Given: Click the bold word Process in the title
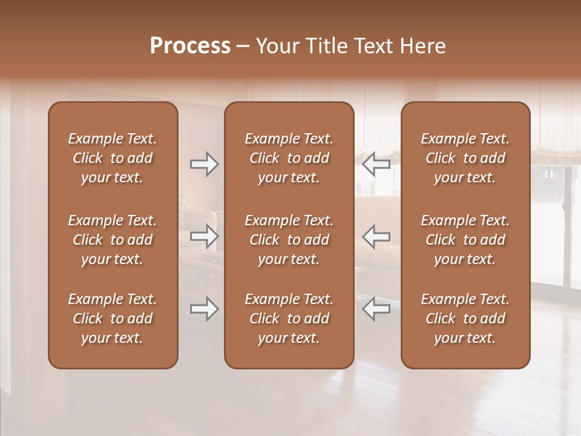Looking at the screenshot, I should [190, 46].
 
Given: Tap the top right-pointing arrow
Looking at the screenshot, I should [204, 164].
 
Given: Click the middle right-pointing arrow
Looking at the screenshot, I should [204, 236].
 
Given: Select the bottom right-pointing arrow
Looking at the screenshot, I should [204, 309].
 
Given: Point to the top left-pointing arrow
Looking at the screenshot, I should [376, 164].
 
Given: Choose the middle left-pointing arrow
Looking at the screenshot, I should [376, 236].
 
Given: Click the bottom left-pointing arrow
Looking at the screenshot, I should [376, 309].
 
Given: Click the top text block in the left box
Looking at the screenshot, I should [113, 158].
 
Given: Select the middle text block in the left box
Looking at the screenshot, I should [113, 240].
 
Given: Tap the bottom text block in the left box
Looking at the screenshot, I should [113, 319].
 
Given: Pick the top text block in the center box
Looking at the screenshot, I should [289, 158].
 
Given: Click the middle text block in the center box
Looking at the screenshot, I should [289, 240].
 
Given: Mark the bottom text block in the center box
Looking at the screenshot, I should [289, 319].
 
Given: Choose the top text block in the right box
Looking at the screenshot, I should [465, 158].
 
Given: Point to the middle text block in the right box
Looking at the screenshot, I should [465, 240].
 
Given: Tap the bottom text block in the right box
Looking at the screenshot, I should [465, 319].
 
